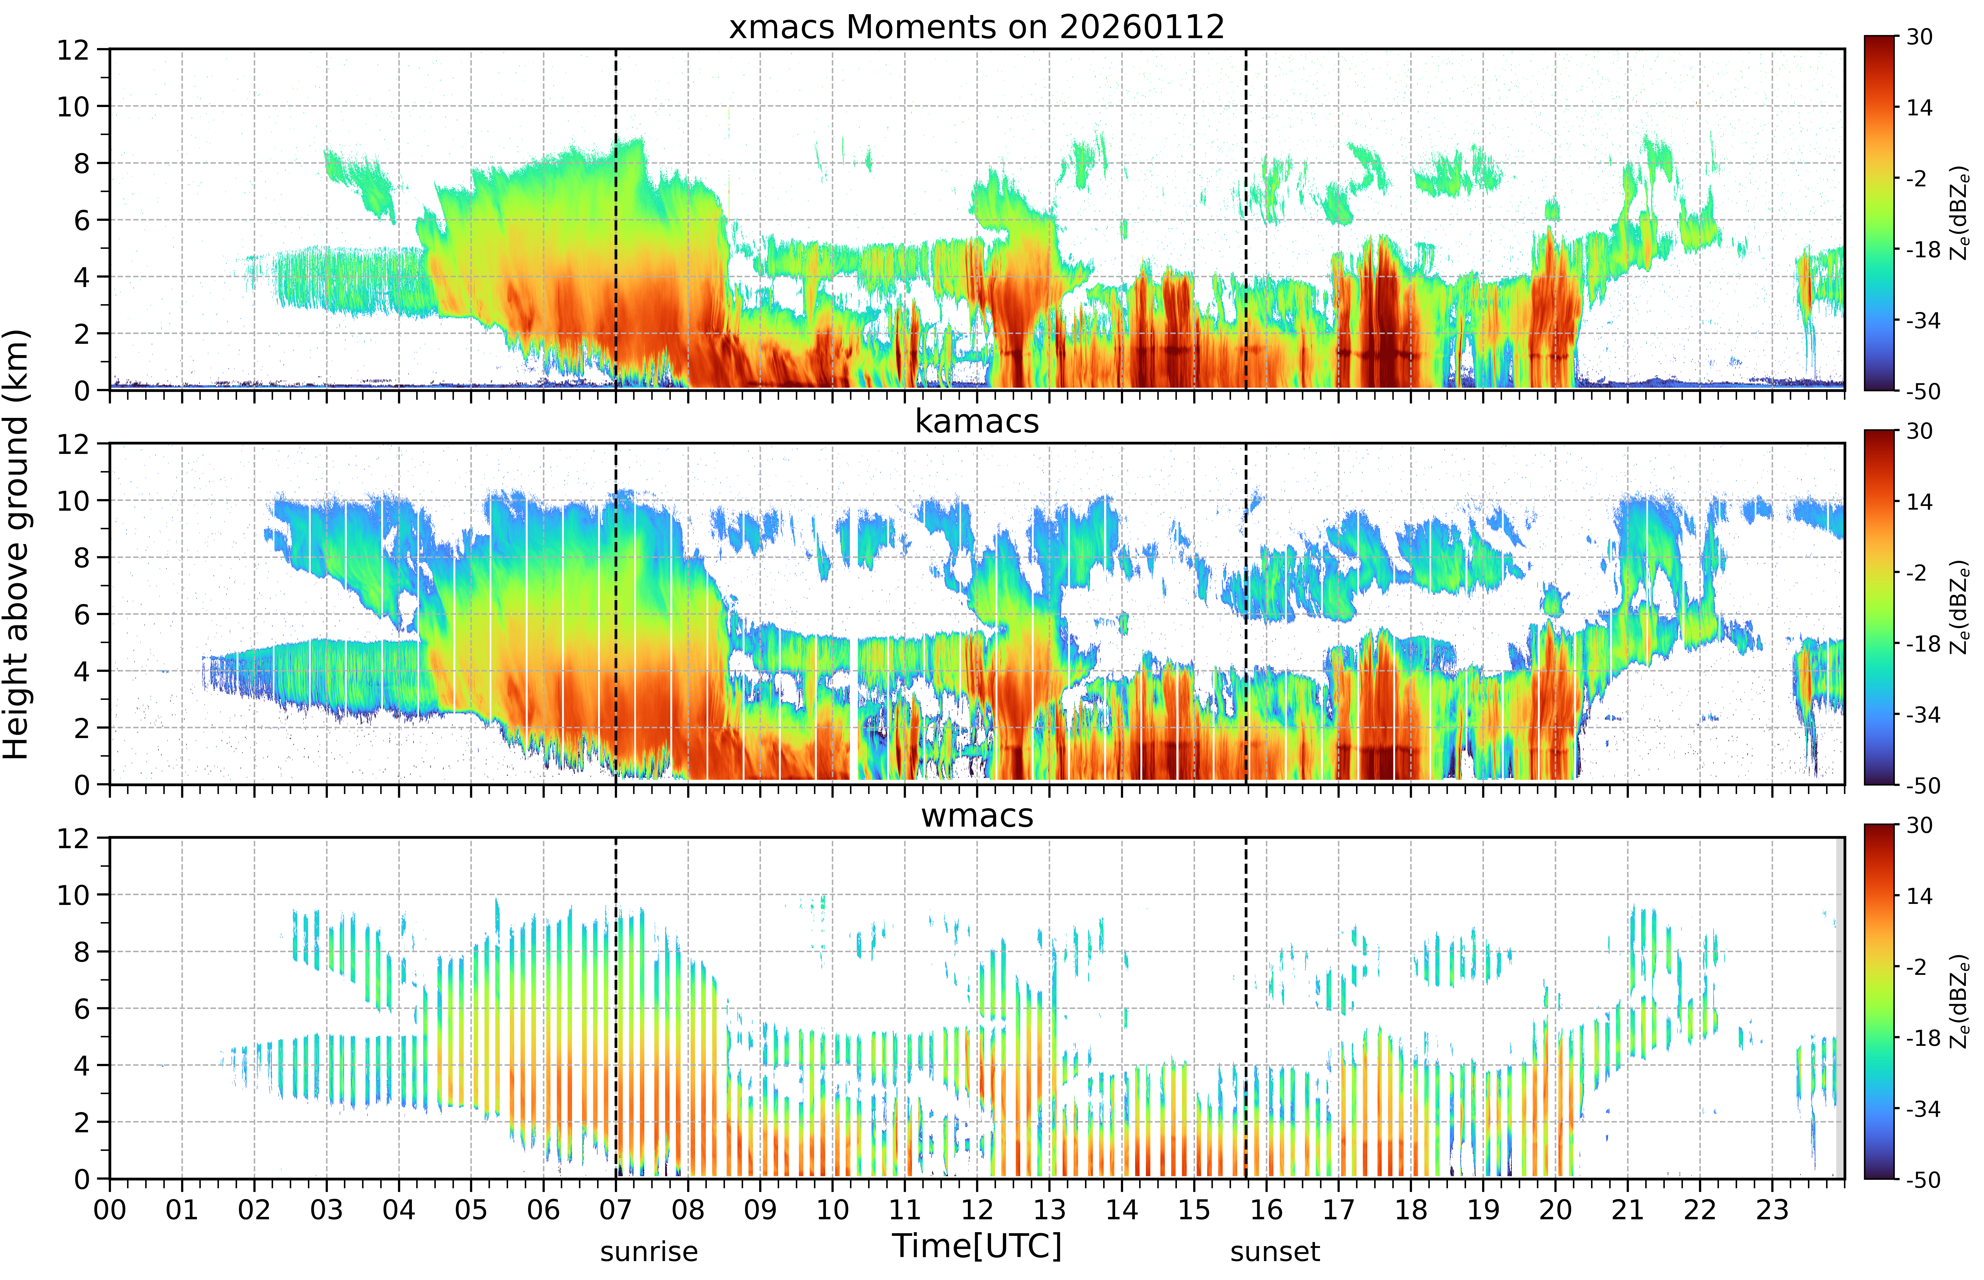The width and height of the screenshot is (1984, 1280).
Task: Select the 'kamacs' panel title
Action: [977, 421]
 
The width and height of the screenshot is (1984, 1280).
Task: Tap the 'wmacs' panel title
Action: [977, 815]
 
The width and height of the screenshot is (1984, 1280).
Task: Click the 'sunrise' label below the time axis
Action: [649, 1251]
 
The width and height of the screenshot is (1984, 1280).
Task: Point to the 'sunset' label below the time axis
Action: [1275, 1251]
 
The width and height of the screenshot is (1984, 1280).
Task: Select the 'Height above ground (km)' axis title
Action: [17, 544]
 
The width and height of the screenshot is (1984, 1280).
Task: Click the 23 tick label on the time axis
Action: [1772, 1209]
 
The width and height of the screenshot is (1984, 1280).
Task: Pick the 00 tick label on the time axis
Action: [110, 1209]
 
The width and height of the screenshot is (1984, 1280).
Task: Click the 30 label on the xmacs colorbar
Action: [1919, 37]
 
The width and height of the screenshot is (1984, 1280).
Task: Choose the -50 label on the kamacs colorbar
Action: [1922, 785]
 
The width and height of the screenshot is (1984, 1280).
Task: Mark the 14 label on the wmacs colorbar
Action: [1919, 896]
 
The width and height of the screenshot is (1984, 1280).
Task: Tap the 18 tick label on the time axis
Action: [1410, 1209]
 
